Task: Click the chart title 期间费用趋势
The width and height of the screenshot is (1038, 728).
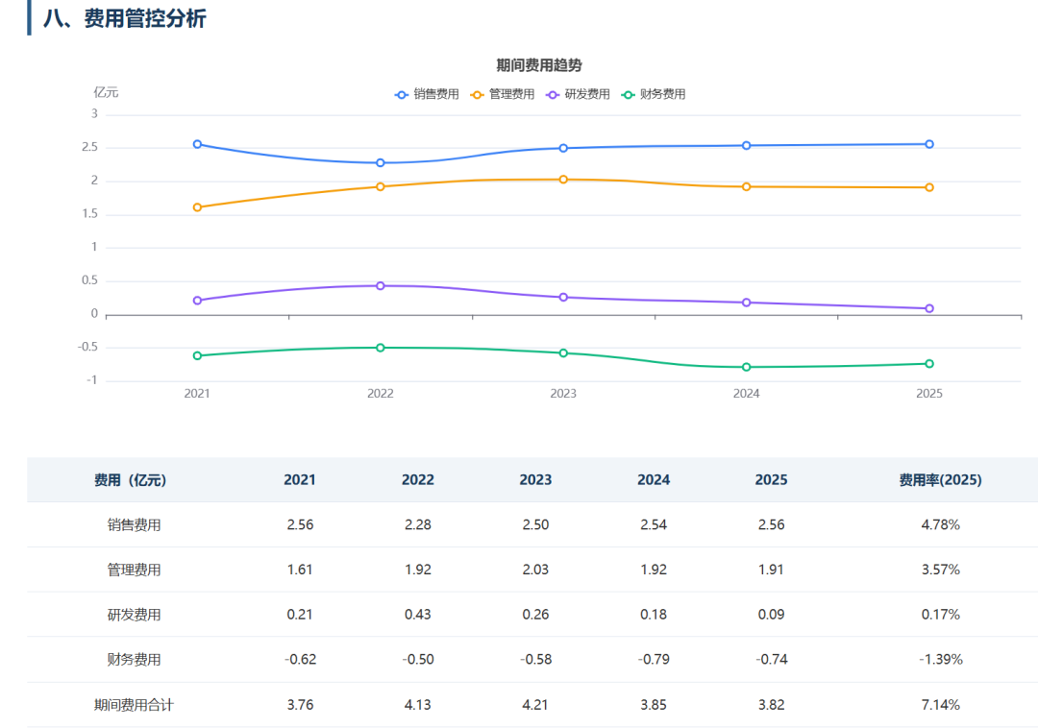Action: click(x=539, y=65)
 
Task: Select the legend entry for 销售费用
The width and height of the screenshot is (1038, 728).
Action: click(x=427, y=94)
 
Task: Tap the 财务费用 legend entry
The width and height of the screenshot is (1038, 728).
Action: click(x=654, y=94)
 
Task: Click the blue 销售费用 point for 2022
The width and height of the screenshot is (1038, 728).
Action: click(x=380, y=162)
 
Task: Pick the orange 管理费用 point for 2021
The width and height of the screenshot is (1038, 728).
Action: click(x=197, y=207)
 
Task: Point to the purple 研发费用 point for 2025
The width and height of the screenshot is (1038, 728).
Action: click(x=929, y=309)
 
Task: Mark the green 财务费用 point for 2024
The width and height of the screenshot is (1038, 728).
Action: click(x=746, y=367)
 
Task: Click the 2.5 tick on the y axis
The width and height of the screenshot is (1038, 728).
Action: click(x=90, y=147)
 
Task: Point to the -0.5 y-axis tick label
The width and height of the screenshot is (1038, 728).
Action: click(x=87, y=347)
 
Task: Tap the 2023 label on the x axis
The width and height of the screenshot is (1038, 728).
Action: click(x=563, y=394)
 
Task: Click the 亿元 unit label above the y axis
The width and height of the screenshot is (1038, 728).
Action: click(x=106, y=92)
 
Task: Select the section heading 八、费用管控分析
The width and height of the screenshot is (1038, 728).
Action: click(x=124, y=18)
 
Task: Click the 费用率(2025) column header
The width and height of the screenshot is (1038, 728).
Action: click(x=940, y=480)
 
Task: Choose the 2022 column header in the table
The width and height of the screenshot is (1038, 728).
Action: click(x=418, y=480)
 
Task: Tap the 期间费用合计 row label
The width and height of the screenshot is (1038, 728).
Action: click(x=134, y=705)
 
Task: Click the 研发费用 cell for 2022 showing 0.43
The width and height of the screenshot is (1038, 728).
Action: click(x=418, y=615)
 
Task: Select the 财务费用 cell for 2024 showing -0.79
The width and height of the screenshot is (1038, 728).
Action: click(x=654, y=659)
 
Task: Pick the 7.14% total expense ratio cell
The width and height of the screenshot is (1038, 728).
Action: click(x=940, y=705)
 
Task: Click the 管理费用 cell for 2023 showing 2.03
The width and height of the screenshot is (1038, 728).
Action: click(x=535, y=570)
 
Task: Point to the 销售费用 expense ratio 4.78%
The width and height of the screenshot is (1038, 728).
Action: click(x=940, y=525)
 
